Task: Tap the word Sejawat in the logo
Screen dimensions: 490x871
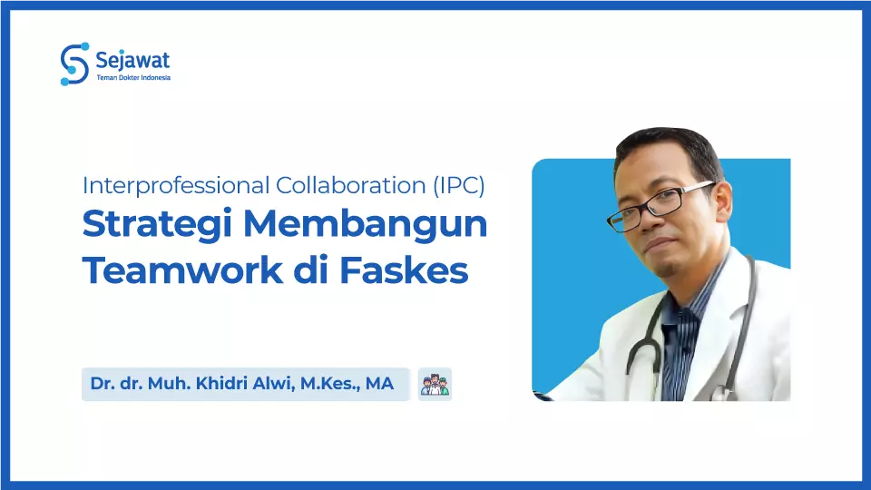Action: coord(132,61)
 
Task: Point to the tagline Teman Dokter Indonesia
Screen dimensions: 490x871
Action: coord(132,78)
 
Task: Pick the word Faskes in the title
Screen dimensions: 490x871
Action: coord(417,270)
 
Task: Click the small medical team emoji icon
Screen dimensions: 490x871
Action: coord(435,384)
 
